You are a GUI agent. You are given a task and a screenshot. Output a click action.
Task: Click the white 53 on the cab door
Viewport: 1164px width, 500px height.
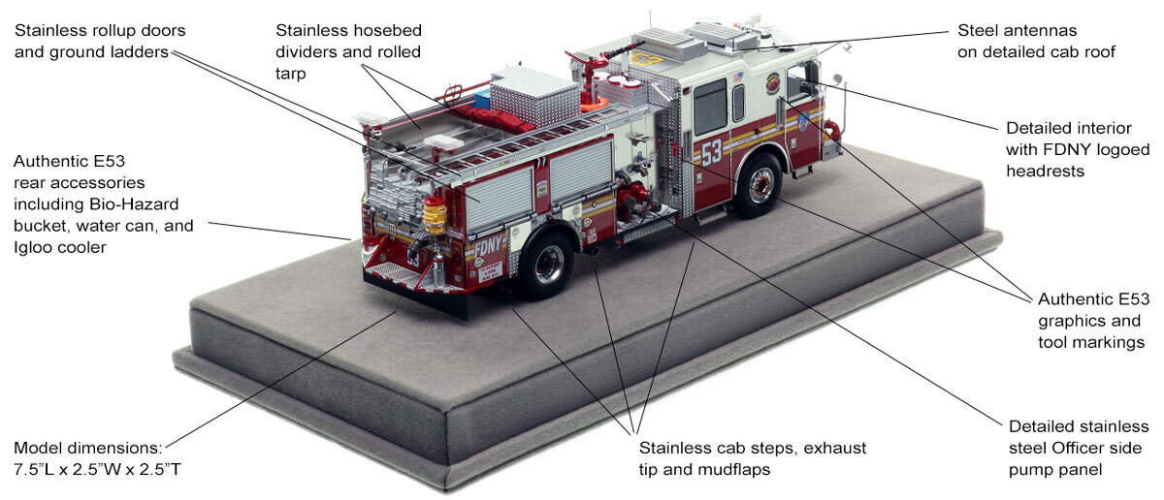point(711,152)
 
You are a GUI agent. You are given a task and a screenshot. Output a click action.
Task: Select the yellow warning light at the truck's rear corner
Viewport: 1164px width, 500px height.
point(436,216)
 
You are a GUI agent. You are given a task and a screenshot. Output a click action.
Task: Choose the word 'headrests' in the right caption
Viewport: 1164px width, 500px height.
point(1043,171)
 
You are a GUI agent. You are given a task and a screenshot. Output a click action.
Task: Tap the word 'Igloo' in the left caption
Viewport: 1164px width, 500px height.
point(34,247)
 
